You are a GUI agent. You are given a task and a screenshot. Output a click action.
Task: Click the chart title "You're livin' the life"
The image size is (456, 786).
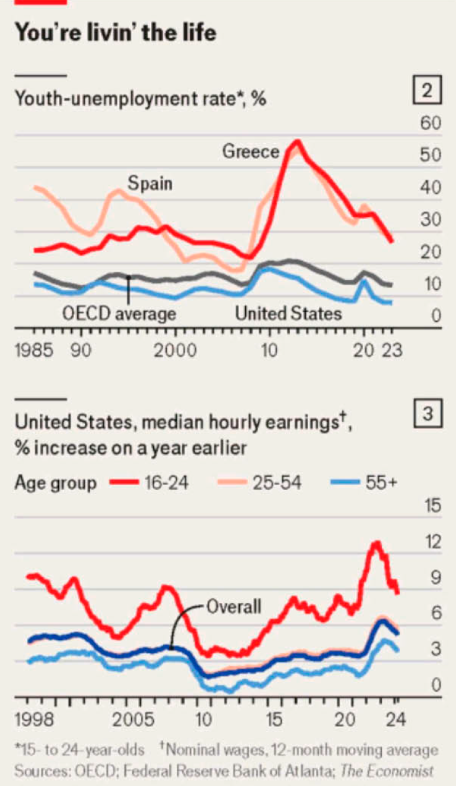[115, 32]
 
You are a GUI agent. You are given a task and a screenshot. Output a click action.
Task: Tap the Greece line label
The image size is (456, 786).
[250, 152]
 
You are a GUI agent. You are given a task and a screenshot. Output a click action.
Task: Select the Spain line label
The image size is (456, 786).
[150, 183]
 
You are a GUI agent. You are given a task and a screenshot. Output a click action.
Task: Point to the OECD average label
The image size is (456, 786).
[119, 313]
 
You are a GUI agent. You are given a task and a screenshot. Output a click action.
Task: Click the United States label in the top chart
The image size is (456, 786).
[288, 313]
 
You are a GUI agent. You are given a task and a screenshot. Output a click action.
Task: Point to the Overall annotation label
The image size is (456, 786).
[233, 606]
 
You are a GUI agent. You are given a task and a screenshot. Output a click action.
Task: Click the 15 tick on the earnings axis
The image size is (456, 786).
[432, 506]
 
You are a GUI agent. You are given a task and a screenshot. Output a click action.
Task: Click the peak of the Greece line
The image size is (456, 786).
[297, 142]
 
